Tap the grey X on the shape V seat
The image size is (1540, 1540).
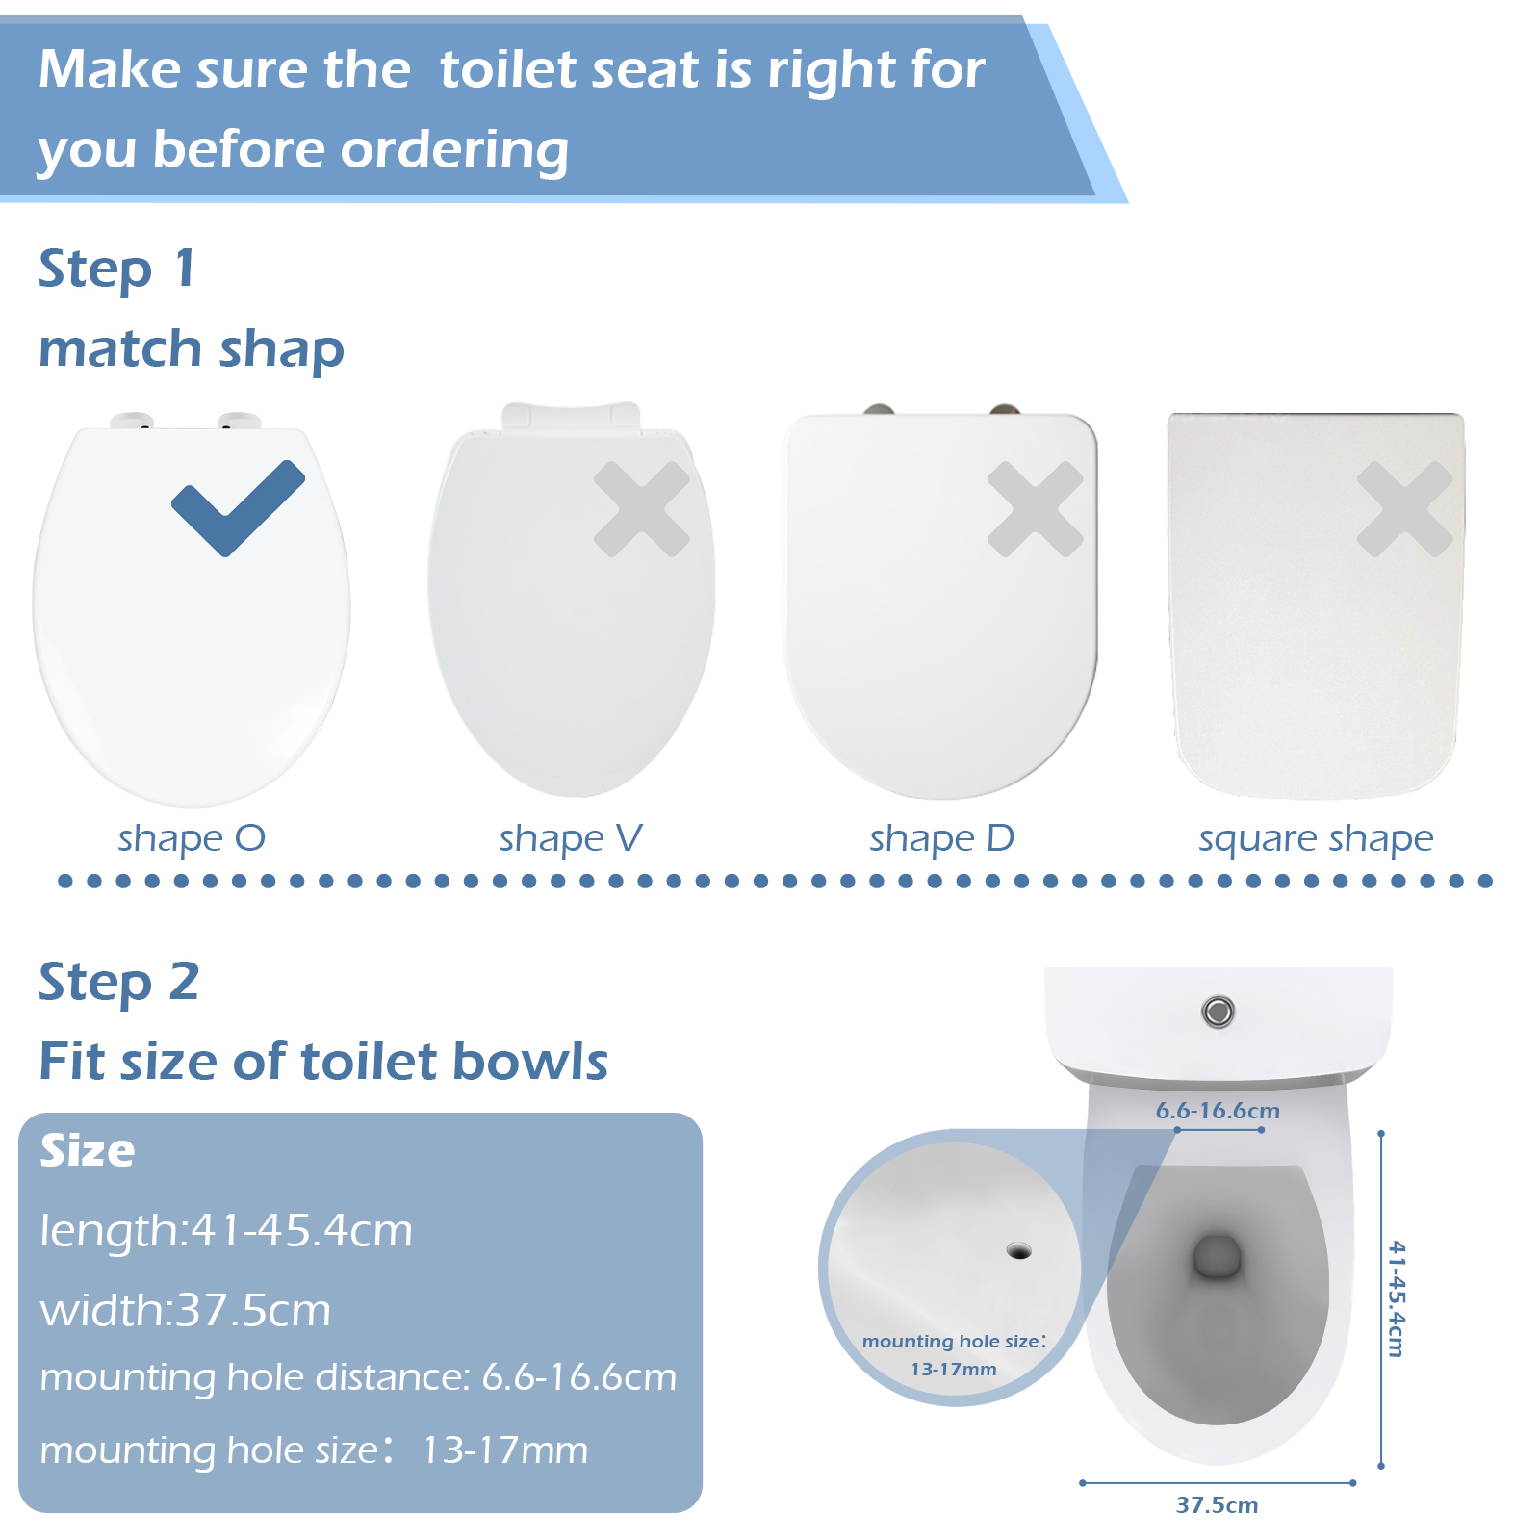pos(642,509)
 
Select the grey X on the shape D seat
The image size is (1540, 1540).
pos(1036,509)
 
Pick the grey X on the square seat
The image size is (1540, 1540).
pos(1405,509)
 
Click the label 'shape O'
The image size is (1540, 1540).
pos(192,839)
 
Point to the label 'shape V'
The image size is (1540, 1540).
pos(571,839)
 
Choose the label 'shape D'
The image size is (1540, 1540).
pos(942,839)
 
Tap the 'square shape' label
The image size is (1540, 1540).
pos(1316,839)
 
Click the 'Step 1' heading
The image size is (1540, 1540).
pos(117,269)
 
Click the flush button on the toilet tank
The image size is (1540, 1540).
pos(1218,1012)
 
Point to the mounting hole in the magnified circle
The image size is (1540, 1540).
pos(1018,1250)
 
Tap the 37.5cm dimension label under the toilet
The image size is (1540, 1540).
pos(1217,1505)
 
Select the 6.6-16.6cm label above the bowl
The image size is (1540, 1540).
pos(1218,1111)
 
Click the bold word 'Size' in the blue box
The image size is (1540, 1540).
pos(88,1150)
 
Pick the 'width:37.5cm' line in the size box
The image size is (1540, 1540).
pos(186,1311)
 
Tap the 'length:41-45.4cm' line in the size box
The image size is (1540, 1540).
pos(226,1231)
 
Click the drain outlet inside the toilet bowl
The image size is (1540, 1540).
pos(1218,1257)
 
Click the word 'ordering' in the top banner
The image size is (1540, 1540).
pos(454,151)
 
